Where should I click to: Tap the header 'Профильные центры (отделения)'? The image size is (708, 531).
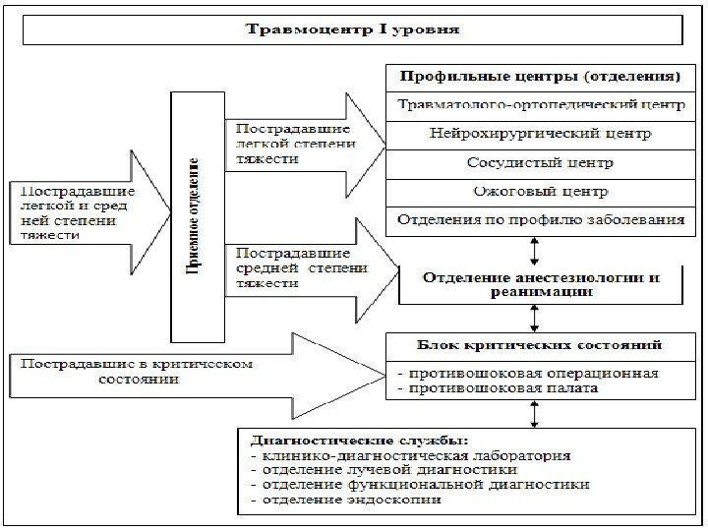[x=539, y=76]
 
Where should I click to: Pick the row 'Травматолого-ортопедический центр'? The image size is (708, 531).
[x=539, y=104]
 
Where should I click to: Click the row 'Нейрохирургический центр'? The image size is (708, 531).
[x=539, y=133]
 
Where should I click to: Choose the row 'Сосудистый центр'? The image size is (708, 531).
[x=539, y=161]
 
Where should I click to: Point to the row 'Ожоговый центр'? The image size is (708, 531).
[x=539, y=190]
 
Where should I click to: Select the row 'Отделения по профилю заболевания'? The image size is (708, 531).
[x=539, y=218]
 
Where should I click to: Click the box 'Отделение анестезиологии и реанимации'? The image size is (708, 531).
[x=541, y=284]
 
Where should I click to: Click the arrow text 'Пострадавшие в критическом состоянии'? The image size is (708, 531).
[x=133, y=371]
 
